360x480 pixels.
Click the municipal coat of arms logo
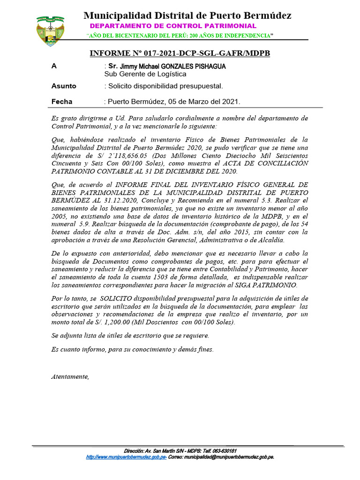pyautogui.click(x=51, y=31)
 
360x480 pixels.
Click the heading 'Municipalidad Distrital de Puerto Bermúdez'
pyautogui.click(x=187, y=15)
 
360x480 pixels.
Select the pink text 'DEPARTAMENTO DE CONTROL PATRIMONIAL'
pyautogui.click(x=173, y=26)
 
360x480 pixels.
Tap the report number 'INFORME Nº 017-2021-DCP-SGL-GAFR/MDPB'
pyautogui.click(x=180, y=54)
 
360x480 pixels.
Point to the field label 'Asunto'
pyautogui.click(x=64, y=86)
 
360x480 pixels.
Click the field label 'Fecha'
pyautogui.click(x=62, y=101)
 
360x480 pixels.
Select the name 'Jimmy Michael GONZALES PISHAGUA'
pyautogui.click(x=172, y=67)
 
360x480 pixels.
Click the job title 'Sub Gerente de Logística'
pyautogui.click(x=145, y=74)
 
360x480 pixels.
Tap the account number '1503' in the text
pyautogui.click(x=156, y=277)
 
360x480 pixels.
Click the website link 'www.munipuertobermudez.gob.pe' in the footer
pyautogui.click(x=127, y=457)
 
